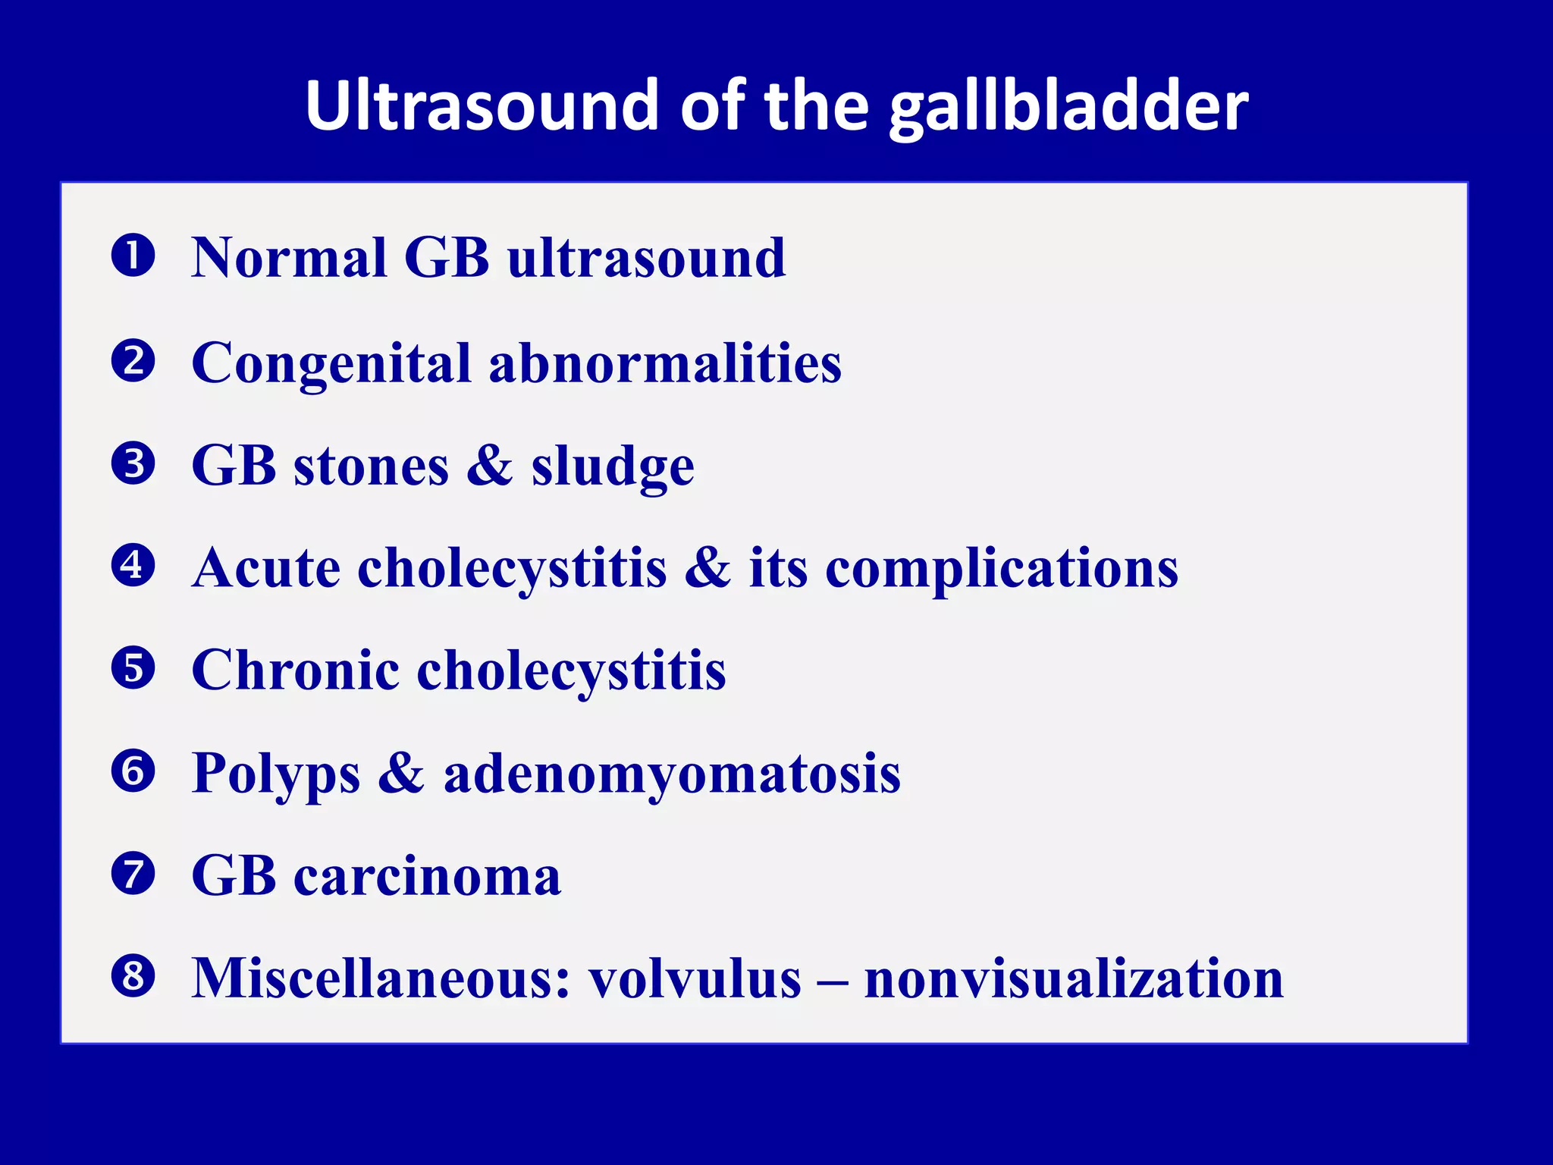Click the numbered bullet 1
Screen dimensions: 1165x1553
point(133,256)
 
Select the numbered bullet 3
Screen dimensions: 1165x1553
point(133,463)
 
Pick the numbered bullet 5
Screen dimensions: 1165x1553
point(133,668)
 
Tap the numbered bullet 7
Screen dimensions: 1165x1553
point(133,874)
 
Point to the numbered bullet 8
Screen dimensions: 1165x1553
point(133,976)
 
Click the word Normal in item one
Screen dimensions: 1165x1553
point(289,258)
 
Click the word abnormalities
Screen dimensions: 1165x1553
point(665,363)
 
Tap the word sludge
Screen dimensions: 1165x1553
point(612,467)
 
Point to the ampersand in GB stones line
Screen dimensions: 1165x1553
point(489,465)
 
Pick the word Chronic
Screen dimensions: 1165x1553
point(295,670)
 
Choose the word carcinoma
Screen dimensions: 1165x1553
point(427,876)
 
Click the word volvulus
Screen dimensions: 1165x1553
point(695,978)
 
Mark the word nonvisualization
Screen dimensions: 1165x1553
point(1074,978)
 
